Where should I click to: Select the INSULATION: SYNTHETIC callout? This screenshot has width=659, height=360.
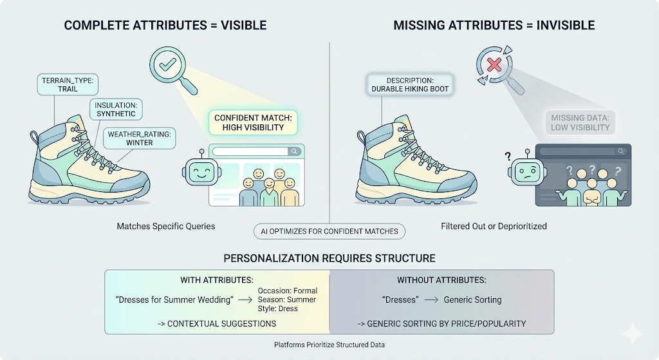[116, 109]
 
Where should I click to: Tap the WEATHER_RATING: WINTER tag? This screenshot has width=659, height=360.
[140, 138]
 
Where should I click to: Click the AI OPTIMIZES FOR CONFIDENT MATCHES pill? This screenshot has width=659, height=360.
[329, 231]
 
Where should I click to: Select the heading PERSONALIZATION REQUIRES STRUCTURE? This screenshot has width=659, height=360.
[329, 258]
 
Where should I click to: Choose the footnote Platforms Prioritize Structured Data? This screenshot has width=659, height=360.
[329, 345]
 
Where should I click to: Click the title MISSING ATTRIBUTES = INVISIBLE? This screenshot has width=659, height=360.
[494, 26]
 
